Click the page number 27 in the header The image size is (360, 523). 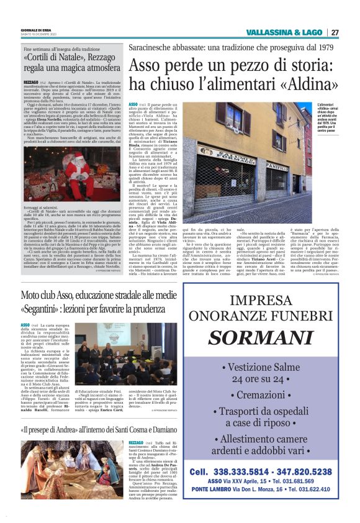[x=335, y=32]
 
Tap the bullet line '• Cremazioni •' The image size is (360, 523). [x=265, y=395]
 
